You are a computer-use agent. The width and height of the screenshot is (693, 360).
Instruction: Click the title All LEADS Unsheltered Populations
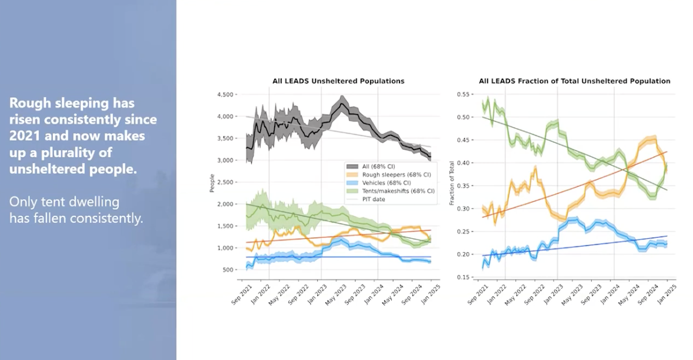[x=338, y=81]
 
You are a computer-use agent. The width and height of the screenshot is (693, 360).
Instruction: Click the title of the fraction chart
[x=574, y=81]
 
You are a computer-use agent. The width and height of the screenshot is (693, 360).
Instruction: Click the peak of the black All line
[x=342, y=105]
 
